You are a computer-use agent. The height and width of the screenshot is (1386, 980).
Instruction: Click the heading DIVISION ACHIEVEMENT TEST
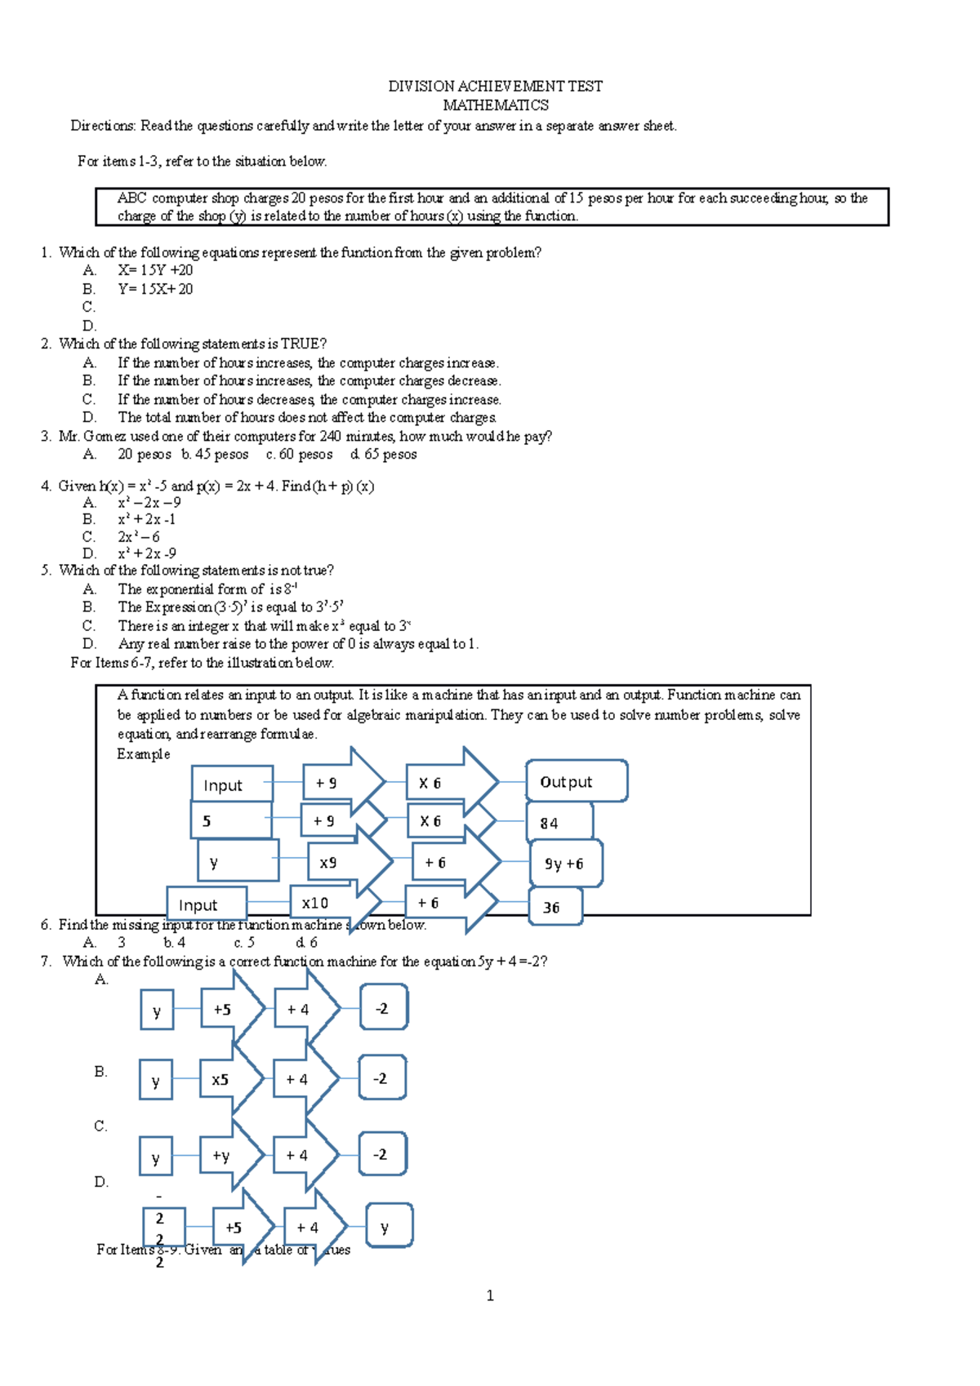[x=495, y=86]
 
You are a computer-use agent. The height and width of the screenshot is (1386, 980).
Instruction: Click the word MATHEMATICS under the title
[x=495, y=105]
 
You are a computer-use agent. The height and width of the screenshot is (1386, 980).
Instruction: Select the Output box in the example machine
[x=577, y=782]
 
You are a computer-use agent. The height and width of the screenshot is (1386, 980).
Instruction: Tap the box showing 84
[x=559, y=822]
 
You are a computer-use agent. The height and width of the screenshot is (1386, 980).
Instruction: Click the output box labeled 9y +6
[x=565, y=864]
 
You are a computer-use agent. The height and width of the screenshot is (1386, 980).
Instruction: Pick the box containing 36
[x=555, y=907]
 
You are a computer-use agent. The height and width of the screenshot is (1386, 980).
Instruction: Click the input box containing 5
[x=231, y=820]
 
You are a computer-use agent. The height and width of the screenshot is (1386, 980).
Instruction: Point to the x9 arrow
[x=341, y=862]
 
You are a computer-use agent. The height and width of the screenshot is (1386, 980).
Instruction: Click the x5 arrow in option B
[x=229, y=1079]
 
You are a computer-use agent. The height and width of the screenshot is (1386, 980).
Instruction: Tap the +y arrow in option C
[x=229, y=1155]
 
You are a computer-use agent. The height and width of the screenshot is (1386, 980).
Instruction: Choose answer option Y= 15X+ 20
[x=155, y=289]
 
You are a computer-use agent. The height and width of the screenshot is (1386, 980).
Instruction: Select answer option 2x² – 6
[x=139, y=536]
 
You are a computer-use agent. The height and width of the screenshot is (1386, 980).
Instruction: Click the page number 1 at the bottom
[x=490, y=1295]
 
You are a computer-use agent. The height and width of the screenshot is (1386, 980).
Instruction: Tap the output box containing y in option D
[x=389, y=1225]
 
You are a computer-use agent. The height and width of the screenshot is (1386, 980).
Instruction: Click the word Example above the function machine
[x=143, y=754]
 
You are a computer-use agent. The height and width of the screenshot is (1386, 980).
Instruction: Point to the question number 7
[x=46, y=962]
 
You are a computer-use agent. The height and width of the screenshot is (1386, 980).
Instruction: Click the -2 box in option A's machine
[x=383, y=1008]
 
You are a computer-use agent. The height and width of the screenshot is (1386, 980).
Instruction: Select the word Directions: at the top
[x=103, y=126]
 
